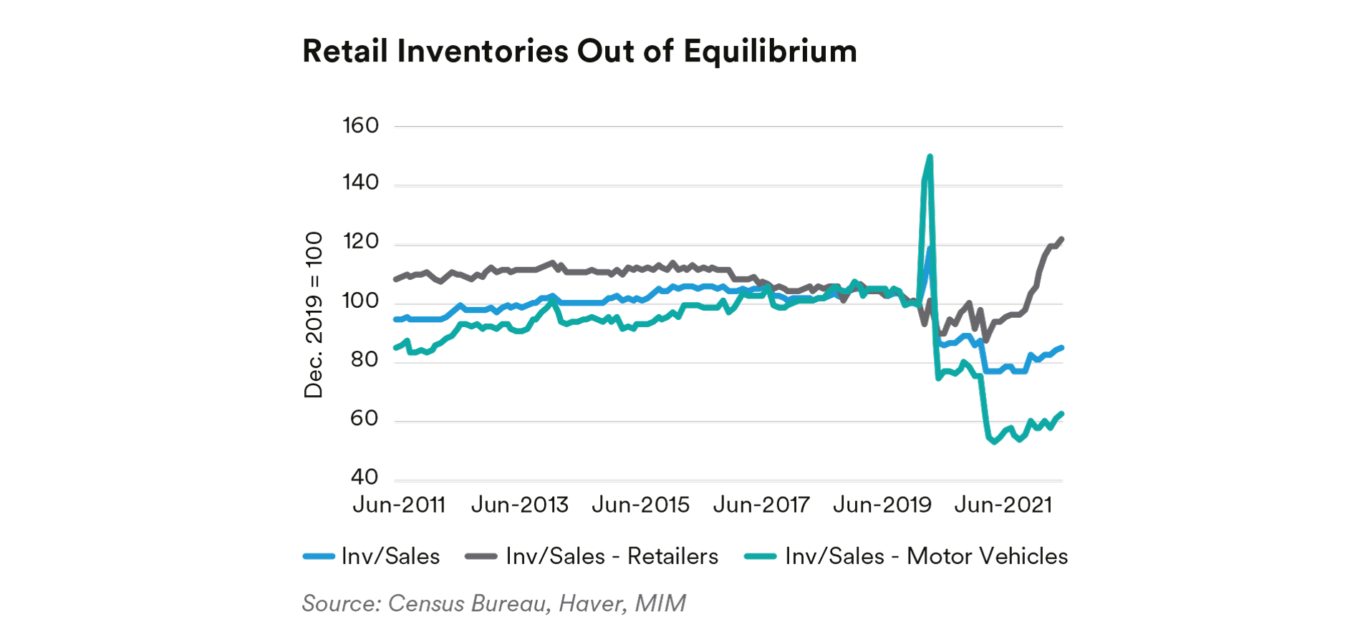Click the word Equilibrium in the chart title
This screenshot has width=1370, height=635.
coord(770,52)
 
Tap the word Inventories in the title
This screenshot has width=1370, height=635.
coord(483,52)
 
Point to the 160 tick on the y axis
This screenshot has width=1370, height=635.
coord(360,125)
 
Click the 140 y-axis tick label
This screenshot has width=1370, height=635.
coord(360,183)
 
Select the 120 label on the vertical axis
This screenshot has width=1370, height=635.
coord(360,241)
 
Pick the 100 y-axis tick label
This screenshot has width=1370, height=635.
coord(360,301)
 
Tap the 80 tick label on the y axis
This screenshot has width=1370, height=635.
coord(364,359)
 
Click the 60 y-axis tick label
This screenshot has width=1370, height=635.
coord(364,418)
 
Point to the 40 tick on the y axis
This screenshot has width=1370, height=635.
coord(364,477)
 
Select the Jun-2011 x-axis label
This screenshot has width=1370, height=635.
coord(399,505)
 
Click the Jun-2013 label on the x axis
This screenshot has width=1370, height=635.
coord(520,505)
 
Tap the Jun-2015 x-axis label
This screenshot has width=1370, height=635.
coord(641,505)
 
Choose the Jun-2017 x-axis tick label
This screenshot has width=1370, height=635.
coord(761,505)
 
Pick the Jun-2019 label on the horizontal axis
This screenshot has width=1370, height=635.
coord(882,505)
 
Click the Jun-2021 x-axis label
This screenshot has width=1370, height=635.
coord(1003,505)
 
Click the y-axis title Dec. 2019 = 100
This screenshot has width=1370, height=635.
coord(314,315)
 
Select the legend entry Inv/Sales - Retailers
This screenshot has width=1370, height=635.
coord(612,556)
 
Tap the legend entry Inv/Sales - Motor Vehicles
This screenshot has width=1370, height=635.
coord(926,556)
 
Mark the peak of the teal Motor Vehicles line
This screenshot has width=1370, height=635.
coord(930,156)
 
